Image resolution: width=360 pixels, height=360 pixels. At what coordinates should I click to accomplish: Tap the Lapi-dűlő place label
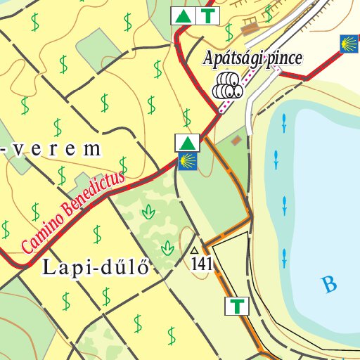tap(96, 267)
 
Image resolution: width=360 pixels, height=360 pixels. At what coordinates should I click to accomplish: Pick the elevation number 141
tap(201, 264)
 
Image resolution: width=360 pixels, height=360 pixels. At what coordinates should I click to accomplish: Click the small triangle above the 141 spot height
tap(194, 250)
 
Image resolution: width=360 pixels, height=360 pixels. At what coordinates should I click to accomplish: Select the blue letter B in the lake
tap(328, 285)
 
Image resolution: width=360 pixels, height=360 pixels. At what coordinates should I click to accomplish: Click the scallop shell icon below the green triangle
tap(186, 162)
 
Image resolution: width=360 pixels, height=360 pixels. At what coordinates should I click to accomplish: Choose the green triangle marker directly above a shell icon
tap(186, 143)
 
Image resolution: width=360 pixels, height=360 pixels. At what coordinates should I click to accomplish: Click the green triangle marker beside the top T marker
tap(182, 16)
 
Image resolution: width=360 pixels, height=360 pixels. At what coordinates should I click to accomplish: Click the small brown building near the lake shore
tap(236, 141)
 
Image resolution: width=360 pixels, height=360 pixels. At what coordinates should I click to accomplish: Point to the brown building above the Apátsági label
tap(248, 29)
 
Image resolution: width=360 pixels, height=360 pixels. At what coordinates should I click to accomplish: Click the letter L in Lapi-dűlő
tap(49, 267)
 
